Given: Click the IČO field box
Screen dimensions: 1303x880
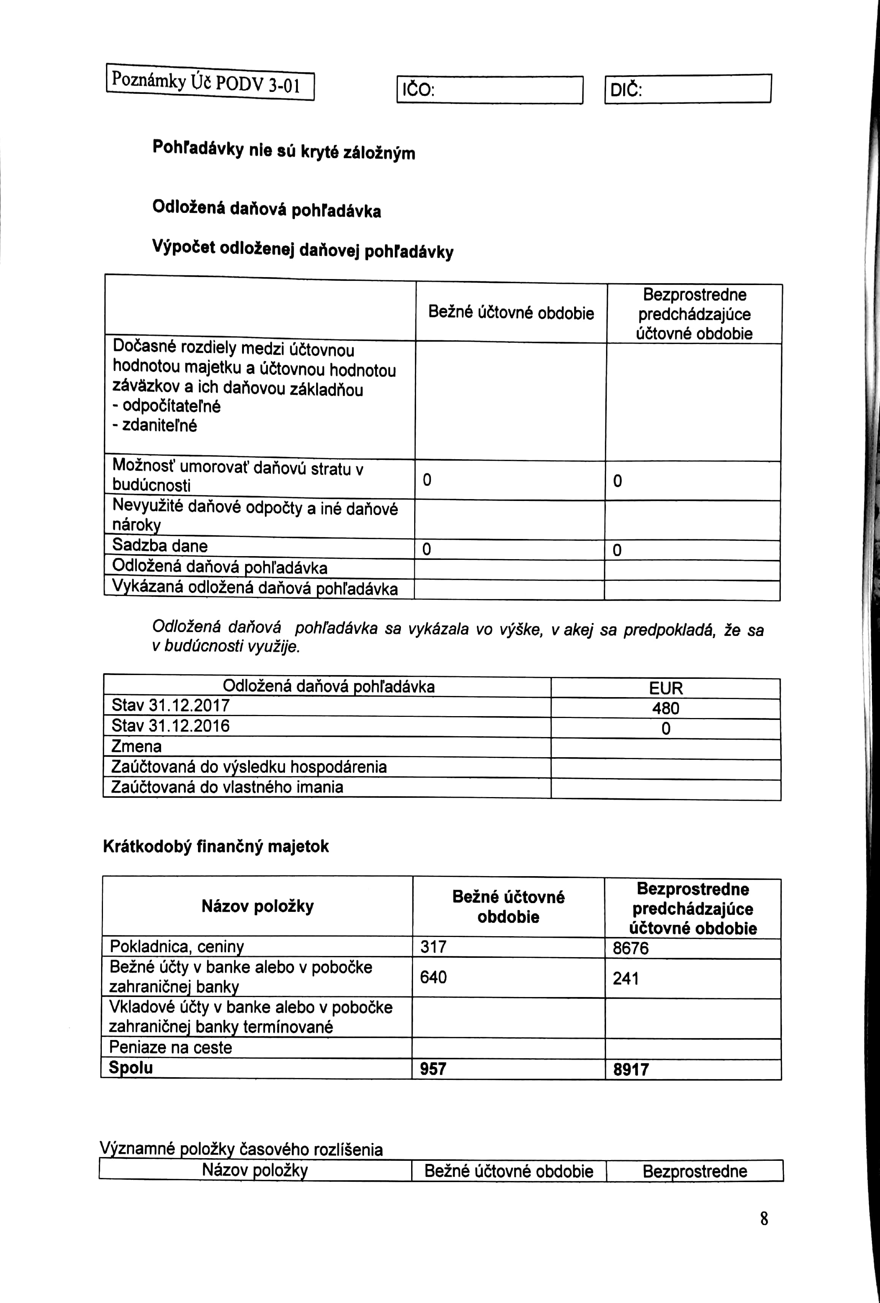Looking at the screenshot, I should coord(489,90).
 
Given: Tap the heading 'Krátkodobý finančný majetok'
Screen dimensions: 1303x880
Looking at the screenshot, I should coord(216,846).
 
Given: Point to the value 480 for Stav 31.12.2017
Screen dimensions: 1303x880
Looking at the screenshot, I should coord(665,708).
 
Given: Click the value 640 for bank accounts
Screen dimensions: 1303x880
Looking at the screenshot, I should coord(433,977).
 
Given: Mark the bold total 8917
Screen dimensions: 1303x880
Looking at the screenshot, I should coord(631,1070).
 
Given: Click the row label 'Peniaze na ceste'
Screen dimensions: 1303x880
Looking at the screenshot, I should coord(170,1047).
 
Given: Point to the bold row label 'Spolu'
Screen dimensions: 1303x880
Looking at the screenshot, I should coord(131,1067).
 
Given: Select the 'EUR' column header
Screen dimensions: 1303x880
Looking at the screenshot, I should coord(666,688).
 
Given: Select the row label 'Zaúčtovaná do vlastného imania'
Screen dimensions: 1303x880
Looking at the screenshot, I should coord(227,787).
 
